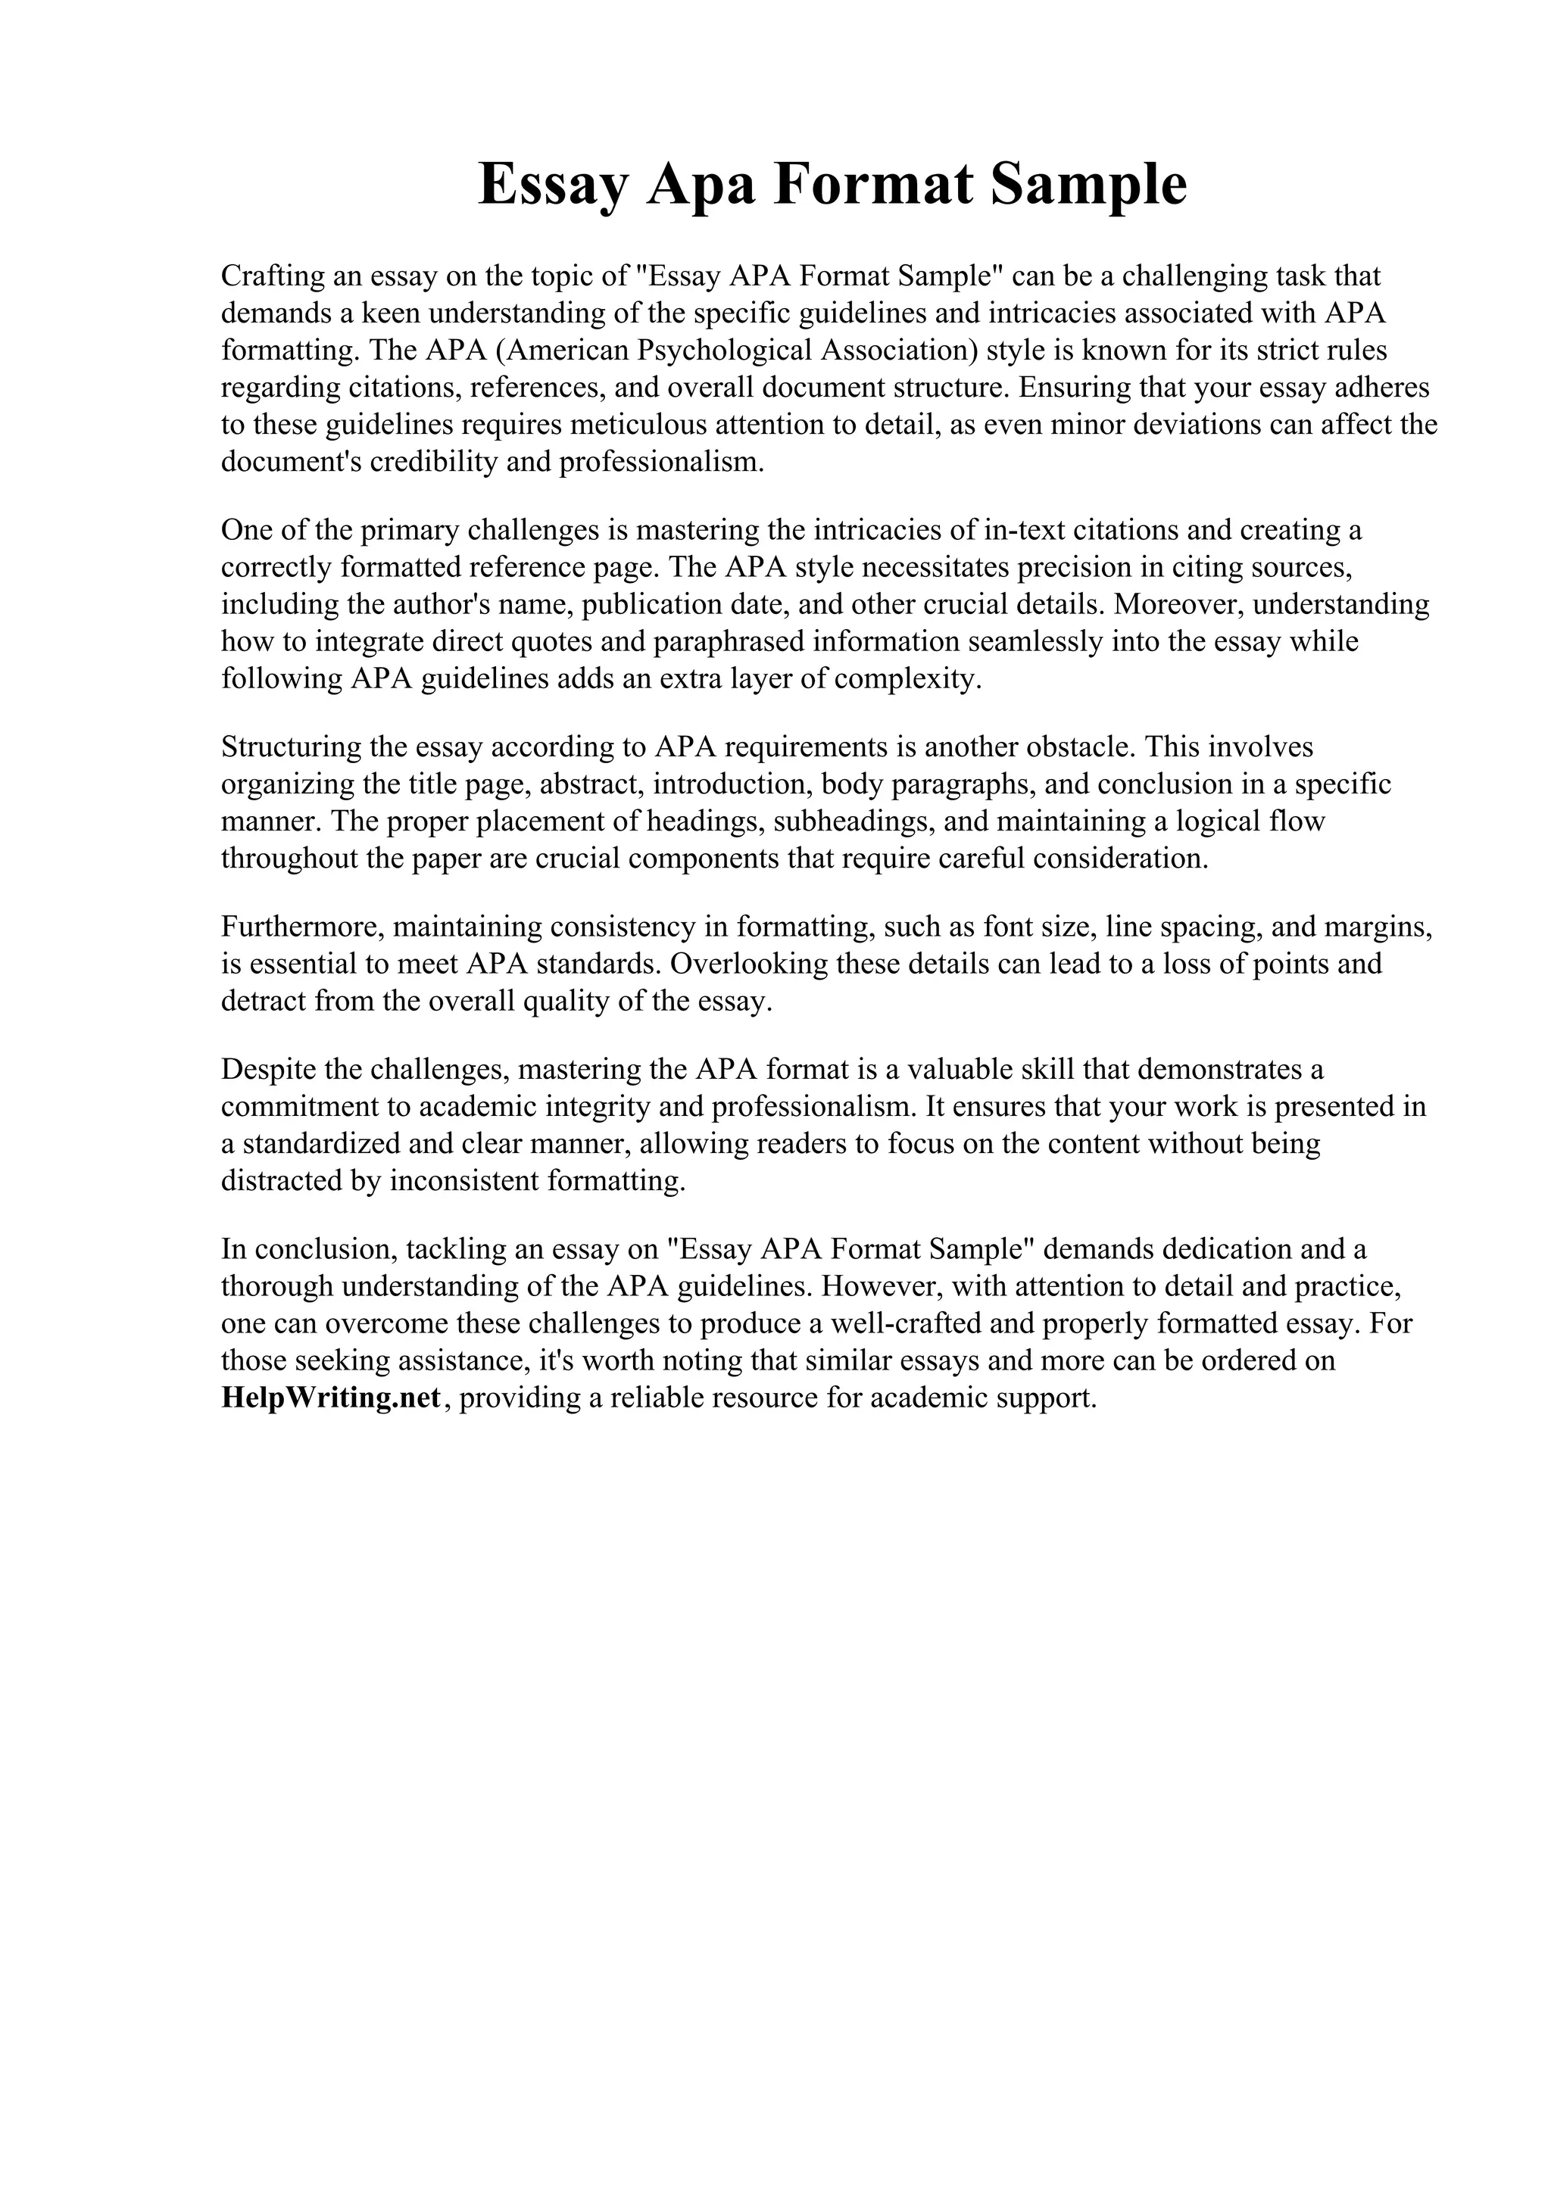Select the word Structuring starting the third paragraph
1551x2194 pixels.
(x=289, y=746)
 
